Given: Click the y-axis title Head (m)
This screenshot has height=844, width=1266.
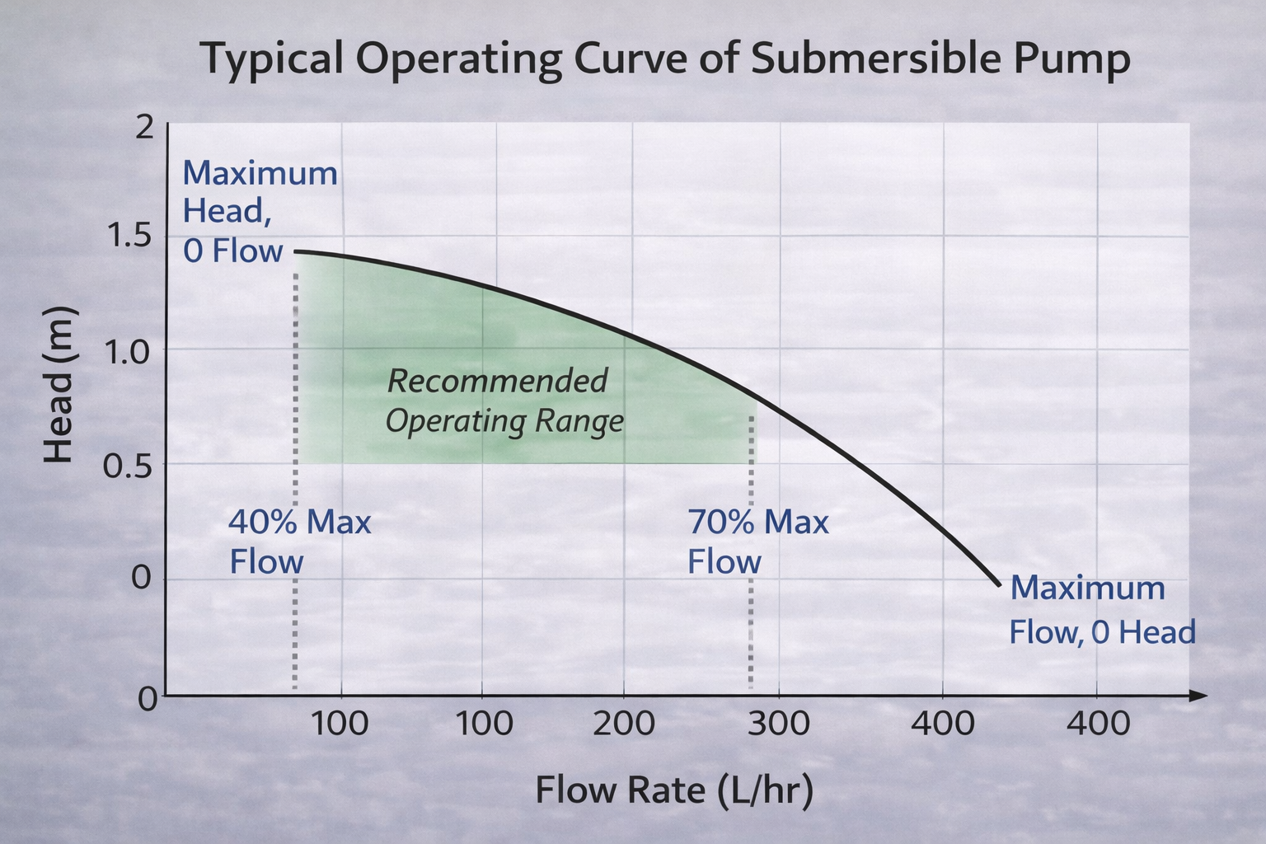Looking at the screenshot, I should click(x=59, y=384).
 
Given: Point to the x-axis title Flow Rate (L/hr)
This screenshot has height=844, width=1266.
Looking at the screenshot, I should click(x=674, y=790).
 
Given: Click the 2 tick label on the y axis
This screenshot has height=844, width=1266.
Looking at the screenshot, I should click(x=144, y=128).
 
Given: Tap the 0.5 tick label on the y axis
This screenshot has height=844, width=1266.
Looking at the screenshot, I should click(x=129, y=465).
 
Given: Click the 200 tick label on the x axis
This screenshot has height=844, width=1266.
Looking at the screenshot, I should click(x=624, y=724).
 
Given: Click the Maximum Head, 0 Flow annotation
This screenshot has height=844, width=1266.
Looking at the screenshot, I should click(x=259, y=212).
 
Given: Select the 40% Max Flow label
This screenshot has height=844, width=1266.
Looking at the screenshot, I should click(x=299, y=542).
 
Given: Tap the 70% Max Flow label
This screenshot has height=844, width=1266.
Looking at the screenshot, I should click(x=757, y=542).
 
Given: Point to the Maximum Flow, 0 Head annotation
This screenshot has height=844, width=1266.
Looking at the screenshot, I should click(x=1102, y=610).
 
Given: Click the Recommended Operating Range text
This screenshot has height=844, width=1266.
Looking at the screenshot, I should click(x=504, y=401).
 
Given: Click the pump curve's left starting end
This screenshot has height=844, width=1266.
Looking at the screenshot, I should click(x=297, y=251).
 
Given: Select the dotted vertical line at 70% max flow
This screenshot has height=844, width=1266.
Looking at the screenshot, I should click(x=751, y=577).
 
